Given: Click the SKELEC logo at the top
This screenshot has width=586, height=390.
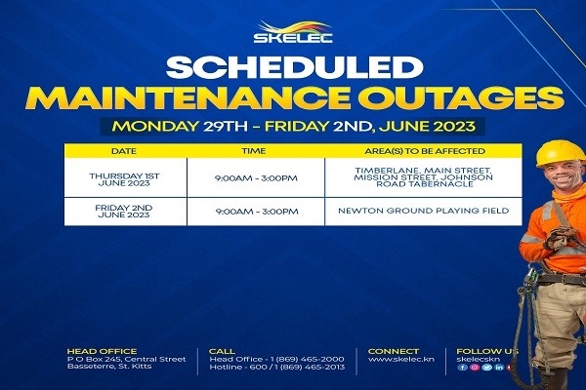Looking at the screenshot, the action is coord(293,32).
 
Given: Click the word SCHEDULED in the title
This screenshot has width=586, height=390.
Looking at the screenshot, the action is coord(295,67).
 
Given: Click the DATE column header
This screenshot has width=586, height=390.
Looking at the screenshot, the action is coord(124,151).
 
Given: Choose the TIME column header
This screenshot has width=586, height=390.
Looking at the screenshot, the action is coord(254,151).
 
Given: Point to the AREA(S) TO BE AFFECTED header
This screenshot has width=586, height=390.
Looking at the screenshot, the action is coord(425,151).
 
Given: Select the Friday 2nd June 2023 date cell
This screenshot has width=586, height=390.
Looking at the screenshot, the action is coord(124,212).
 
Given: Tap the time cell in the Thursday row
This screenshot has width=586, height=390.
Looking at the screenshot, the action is coord(256,178).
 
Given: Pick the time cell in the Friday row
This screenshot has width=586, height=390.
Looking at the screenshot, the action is coord(257,212).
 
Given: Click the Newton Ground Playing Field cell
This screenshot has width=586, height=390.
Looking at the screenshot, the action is coord(424,211).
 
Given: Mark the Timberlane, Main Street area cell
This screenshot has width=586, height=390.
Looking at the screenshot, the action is coord(424,177).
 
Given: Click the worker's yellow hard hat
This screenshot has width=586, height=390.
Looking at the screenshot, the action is coord(561,153).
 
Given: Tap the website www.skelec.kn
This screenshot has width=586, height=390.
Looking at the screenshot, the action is coord(401,360).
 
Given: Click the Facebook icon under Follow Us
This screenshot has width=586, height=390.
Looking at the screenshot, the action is coord(463,368).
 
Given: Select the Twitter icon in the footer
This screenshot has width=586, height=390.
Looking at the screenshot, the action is coord(486,368).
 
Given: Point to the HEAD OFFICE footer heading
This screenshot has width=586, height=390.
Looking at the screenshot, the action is coord(102,352).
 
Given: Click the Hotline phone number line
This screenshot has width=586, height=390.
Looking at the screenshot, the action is coord(277,368).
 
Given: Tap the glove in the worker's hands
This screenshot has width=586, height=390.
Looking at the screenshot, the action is coord(560,237).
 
